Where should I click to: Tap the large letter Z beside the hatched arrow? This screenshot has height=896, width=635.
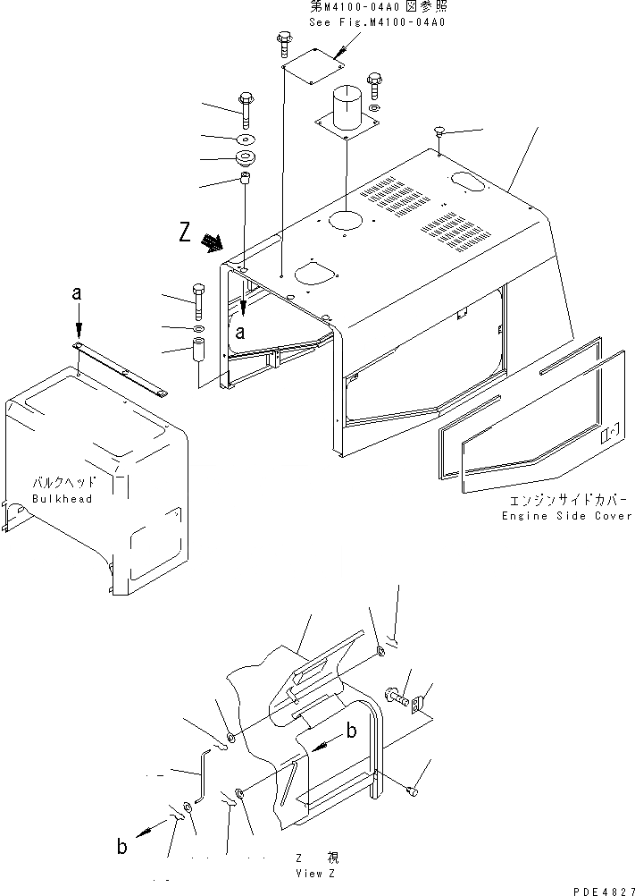pos(185,233)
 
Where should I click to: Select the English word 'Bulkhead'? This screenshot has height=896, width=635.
pos(62,499)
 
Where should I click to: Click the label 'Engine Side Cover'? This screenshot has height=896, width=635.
pos(566,516)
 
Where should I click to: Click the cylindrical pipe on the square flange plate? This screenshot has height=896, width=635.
pos(346,110)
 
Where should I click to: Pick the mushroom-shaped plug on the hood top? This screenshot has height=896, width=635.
pos(439,132)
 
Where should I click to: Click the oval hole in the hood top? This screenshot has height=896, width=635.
pos(468,181)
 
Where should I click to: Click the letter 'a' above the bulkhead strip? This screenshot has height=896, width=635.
pos(78,293)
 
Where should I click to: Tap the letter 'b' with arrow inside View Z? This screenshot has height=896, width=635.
pos(352,731)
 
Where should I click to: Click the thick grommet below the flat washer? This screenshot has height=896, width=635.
pos(245,160)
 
